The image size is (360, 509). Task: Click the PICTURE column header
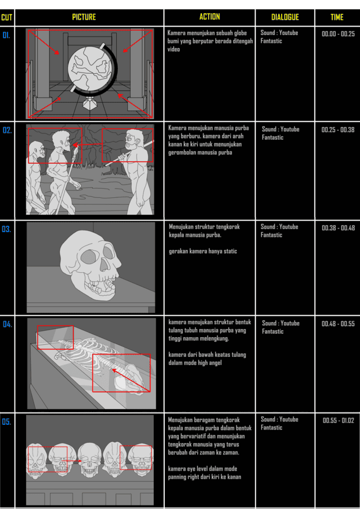tap(84, 17)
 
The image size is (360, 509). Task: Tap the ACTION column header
tap(210, 17)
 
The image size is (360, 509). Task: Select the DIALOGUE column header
tap(285, 17)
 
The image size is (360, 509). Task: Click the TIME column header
tap(337, 17)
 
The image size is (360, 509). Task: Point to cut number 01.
tap(6, 35)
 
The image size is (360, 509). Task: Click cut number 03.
tap(6, 229)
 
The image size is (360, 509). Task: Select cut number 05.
tap(7, 422)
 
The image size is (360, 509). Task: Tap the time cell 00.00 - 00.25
tap(338, 34)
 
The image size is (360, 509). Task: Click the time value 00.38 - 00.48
tap(339, 228)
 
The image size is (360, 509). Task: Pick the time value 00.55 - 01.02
tap(339, 421)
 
